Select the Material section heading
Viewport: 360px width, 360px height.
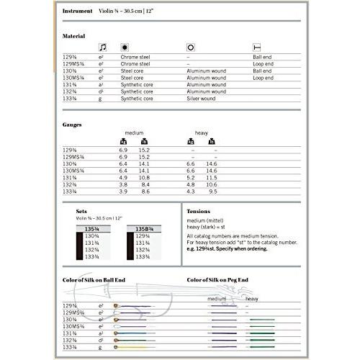[x=74, y=36]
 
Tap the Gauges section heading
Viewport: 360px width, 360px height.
[x=73, y=124]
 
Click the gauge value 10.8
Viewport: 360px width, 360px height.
[x=143, y=176]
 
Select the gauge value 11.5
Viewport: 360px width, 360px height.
[x=212, y=176]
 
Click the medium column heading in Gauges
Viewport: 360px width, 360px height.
[x=134, y=133]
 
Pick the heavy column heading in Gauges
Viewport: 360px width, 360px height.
[x=202, y=133]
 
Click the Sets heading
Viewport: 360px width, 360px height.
[x=81, y=212]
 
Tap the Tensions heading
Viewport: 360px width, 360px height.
[x=201, y=212]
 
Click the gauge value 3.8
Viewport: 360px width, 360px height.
[x=123, y=184]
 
